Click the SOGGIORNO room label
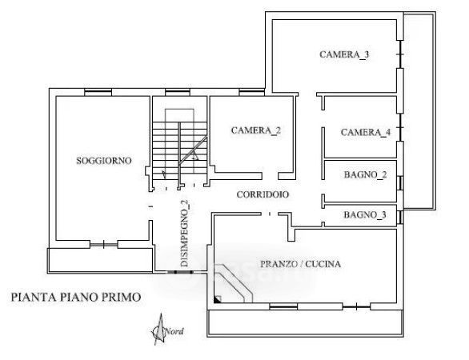pyautogui.click(x=104, y=161)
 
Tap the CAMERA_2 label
pyautogui.click(x=256, y=130)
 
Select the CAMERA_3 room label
pyautogui.click(x=344, y=54)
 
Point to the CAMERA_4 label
pyautogui.click(x=366, y=133)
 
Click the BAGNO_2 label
pyautogui.click(x=365, y=174)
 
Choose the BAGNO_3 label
pyautogui.click(x=365, y=214)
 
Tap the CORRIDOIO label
pyautogui.click(x=263, y=194)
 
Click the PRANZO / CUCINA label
pyautogui.click(x=300, y=264)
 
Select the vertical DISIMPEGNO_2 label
pyautogui.click(x=186, y=234)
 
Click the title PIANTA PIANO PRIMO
pyautogui.click(x=76, y=298)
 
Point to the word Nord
pyautogui.click(x=174, y=331)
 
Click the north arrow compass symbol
pyautogui.click(x=159, y=329)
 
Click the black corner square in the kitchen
pyautogui.click(x=218, y=299)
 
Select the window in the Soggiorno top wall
pyautogui.click(x=98, y=92)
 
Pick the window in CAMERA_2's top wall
pyautogui.click(x=251, y=92)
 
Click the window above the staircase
pyautogui.click(x=178, y=92)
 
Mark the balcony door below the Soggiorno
pyautogui.click(x=103, y=245)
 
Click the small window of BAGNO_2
pyautogui.click(x=400, y=183)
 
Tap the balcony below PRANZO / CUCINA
pyautogui.click(x=306, y=323)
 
